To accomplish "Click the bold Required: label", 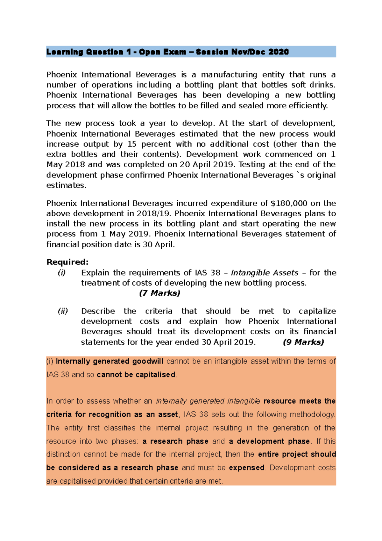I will point(67,262).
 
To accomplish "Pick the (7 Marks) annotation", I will point(159,293).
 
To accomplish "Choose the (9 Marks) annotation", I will point(303,342).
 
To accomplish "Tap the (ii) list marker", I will point(63,311).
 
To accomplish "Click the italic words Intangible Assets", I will point(265,273).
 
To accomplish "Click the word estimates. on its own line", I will point(67,185).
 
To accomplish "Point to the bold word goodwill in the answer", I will point(148,361).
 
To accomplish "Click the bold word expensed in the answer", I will point(247,468).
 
